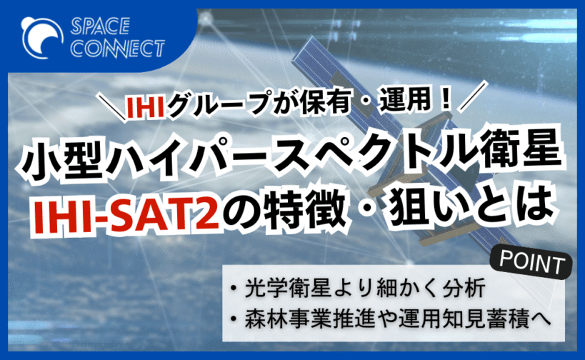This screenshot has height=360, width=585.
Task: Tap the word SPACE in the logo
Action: click(101, 26)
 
